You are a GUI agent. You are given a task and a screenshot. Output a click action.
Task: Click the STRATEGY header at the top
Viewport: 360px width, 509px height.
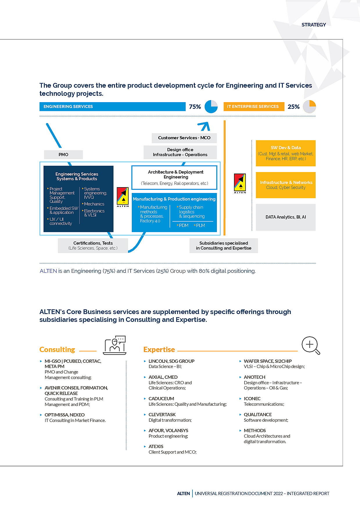click(x=314, y=25)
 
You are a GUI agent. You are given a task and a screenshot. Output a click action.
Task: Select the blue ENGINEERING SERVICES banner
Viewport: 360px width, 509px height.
click(x=112, y=107)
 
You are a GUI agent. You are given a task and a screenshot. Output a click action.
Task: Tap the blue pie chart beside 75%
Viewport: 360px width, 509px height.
click(x=211, y=107)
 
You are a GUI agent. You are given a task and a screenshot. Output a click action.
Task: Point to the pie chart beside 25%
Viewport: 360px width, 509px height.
click(x=309, y=107)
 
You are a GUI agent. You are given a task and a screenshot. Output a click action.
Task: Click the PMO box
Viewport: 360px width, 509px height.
click(x=63, y=155)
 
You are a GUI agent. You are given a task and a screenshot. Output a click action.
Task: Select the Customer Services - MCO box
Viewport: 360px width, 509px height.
click(x=184, y=138)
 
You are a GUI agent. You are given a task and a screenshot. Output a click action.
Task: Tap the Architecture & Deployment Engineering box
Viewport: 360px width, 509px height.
click(x=174, y=177)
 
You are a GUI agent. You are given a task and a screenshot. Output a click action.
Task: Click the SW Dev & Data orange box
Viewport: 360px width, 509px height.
click(x=286, y=153)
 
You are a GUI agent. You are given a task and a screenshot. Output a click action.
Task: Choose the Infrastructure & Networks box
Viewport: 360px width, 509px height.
click(x=286, y=185)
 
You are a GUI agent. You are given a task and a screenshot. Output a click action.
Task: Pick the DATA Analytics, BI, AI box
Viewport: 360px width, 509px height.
click(x=286, y=217)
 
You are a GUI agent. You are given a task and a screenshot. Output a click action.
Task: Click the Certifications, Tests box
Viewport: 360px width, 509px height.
click(x=93, y=246)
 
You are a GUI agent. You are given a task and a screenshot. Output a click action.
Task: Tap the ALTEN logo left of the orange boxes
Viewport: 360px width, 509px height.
click(x=240, y=183)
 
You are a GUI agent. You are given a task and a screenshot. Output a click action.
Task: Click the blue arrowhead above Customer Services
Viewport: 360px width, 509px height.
click(x=204, y=126)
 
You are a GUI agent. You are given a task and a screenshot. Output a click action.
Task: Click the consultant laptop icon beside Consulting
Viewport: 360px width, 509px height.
click(x=115, y=345)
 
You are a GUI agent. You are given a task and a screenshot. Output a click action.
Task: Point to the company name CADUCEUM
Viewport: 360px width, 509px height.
click(x=161, y=399)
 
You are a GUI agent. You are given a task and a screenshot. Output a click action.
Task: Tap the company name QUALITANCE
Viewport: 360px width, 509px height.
click(x=258, y=415)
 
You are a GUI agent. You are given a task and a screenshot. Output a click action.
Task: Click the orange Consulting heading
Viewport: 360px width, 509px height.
click(x=57, y=350)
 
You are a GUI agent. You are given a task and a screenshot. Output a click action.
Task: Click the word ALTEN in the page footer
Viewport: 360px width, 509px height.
click(x=183, y=494)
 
